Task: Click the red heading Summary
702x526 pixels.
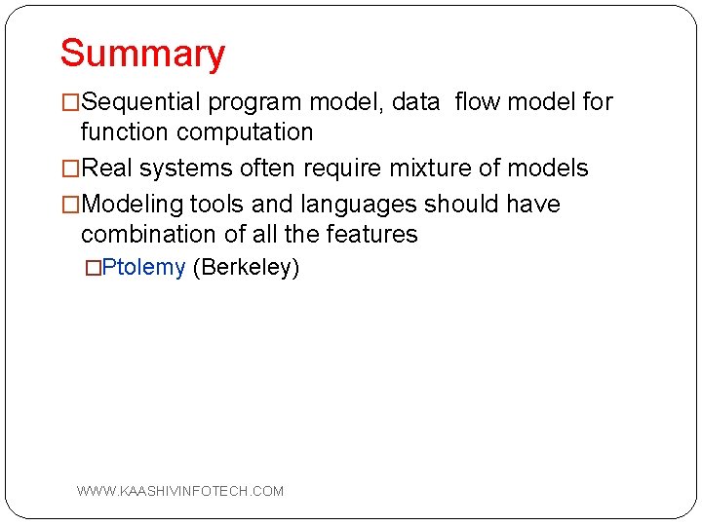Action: click(142, 54)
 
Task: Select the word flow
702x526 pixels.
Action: click(479, 102)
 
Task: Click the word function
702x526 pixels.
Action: click(121, 132)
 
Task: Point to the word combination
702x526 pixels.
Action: click(146, 235)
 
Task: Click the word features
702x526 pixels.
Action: click(374, 235)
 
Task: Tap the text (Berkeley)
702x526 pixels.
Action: click(246, 268)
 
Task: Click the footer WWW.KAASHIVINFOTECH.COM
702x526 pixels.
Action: click(180, 491)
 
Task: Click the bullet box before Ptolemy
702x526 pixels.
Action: click(93, 268)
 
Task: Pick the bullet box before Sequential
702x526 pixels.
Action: click(70, 102)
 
